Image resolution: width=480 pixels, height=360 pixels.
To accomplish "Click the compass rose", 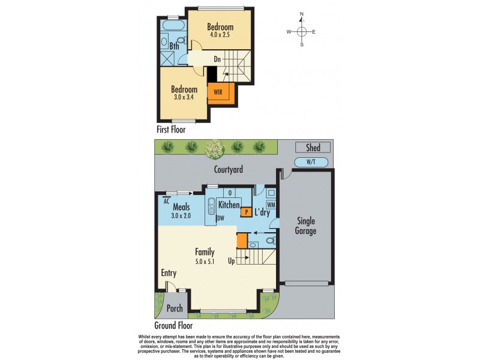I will [302, 32].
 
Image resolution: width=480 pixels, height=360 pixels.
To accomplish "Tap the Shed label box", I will [313, 148].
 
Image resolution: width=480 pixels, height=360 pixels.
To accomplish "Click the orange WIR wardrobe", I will [217, 93].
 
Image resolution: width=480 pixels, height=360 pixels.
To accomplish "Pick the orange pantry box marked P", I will [245, 211].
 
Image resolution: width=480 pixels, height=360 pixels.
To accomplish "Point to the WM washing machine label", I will [271, 205].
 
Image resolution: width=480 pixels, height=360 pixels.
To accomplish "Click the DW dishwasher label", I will [221, 218].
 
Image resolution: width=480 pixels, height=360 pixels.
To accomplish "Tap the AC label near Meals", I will [166, 201].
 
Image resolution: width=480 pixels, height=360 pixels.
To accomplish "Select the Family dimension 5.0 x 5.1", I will [204, 261].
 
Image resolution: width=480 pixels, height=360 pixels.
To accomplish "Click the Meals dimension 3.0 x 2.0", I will [181, 215].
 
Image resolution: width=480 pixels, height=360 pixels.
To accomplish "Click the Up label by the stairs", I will [231, 261].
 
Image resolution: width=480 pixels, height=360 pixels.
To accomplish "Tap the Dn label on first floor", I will [218, 59].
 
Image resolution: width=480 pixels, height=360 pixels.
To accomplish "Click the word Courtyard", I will [228, 170].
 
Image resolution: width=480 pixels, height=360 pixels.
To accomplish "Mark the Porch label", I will [175, 309].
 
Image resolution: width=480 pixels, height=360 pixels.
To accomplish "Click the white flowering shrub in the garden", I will [214, 146].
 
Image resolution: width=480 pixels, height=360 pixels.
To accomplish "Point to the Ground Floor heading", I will [173, 326].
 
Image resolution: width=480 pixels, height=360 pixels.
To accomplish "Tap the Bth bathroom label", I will [174, 46].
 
